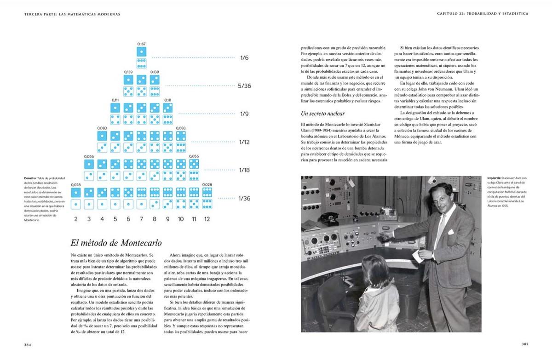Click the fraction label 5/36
pyautogui.click(x=245, y=86)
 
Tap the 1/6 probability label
pyautogui.click(x=244, y=58)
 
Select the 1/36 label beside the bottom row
pyautogui.click(x=245, y=198)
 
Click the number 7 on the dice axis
pyautogui.click(x=141, y=219)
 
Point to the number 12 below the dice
pyautogui.click(x=207, y=219)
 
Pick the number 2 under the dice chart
pyautogui.click(x=76, y=219)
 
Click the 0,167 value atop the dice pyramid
pyautogui.click(x=141, y=44)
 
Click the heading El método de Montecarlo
pyautogui.click(x=116, y=243)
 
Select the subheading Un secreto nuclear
pyautogui.click(x=322, y=113)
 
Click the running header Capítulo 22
pyautogui.click(x=450, y=14)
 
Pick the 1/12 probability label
pyautogui.click(x=244, y=142)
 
